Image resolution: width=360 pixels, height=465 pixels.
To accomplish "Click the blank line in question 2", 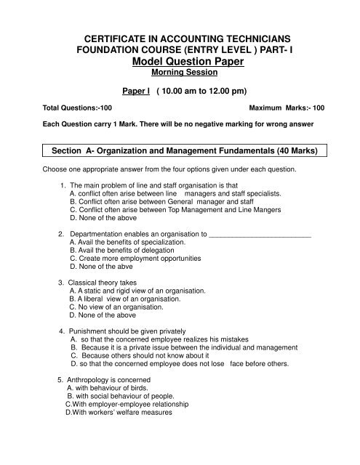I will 260,235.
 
